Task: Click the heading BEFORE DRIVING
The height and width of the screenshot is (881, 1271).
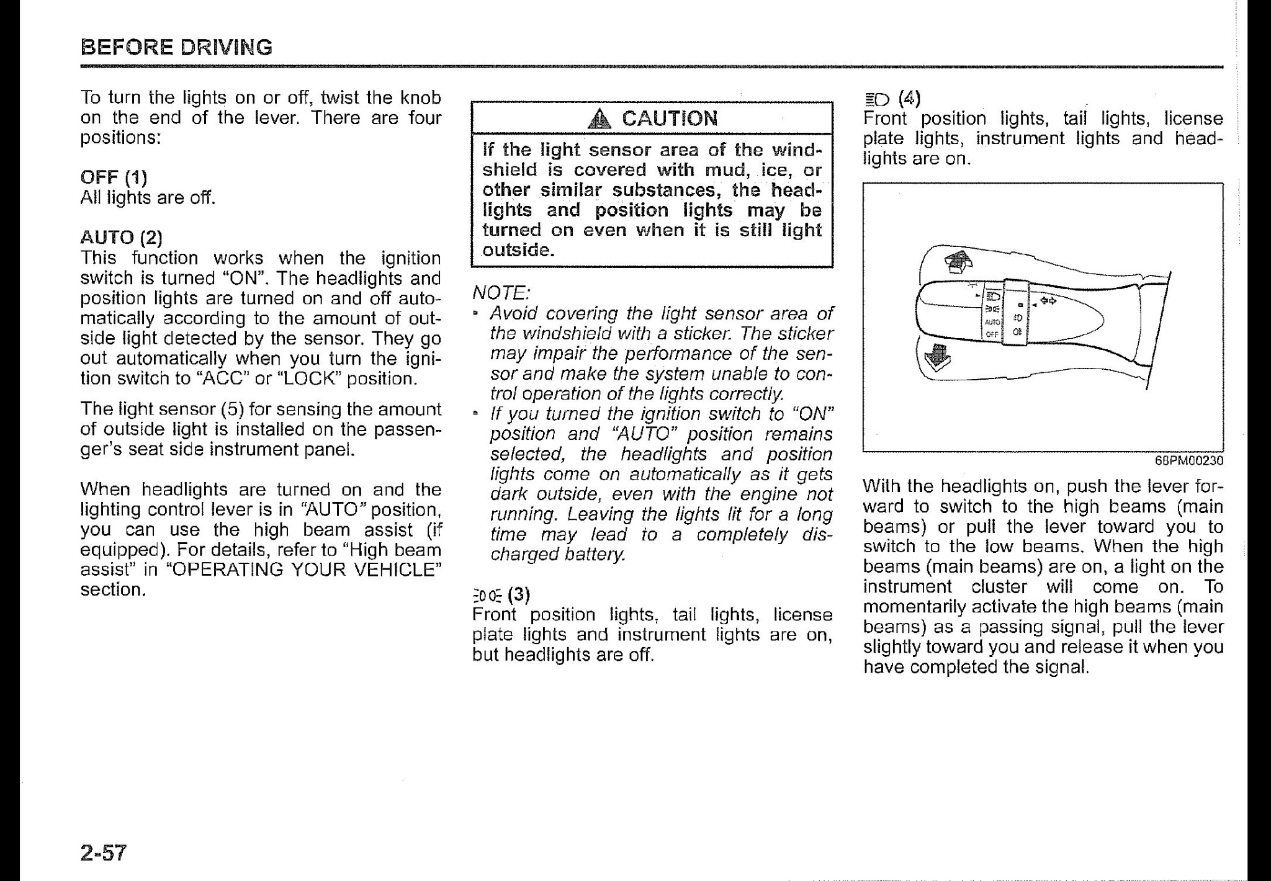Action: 176,47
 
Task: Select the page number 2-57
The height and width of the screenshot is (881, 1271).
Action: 103,853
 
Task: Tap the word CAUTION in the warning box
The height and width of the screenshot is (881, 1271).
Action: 669,118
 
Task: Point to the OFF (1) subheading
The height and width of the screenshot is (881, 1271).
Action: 114,177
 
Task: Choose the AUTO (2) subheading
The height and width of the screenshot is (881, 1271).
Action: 121,238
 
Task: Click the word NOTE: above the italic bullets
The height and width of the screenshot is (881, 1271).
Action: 500,292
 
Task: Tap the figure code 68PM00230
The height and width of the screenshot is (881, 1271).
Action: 1188,460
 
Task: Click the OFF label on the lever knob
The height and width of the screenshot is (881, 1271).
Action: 992,334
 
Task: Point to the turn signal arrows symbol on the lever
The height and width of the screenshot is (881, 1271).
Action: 1048,301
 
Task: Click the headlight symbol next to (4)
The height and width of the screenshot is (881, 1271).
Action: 876,99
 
